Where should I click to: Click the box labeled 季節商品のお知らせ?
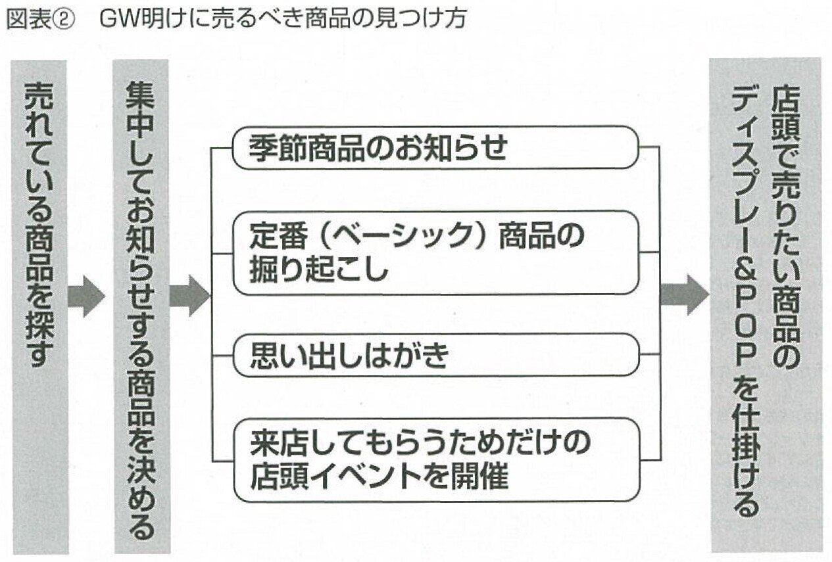435,148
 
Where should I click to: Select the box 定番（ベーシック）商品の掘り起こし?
435,252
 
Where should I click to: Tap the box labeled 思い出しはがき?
435,355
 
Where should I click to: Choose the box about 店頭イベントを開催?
435,459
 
